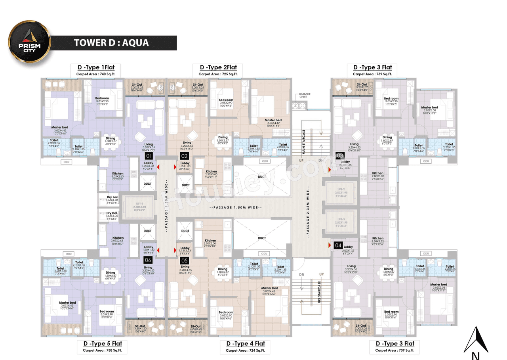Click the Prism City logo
click(30, 42)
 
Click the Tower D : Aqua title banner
click(111, 43)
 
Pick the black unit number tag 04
click(338, 245)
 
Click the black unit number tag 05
click(184, 260)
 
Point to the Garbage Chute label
click(299, 96)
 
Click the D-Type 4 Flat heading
click(246, 343)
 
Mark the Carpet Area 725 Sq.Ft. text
click(218, 74)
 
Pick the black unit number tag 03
click(339, 156)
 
